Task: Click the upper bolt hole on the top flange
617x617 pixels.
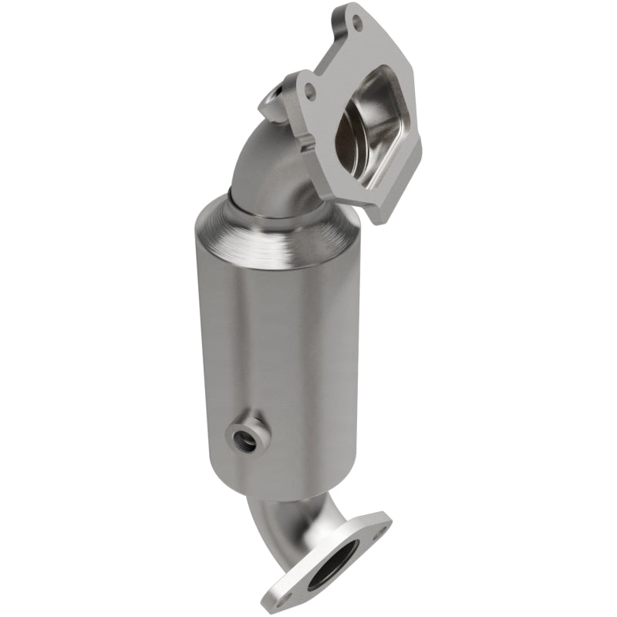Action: [356, 22]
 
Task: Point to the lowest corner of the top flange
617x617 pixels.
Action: [376, 221]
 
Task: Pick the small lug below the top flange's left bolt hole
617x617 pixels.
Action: [308, 143]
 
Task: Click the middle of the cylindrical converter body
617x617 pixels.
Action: [278, 347]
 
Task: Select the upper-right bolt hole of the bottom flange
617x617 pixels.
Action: [377, 531]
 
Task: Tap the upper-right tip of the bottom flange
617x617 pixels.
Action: [386, 517]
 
